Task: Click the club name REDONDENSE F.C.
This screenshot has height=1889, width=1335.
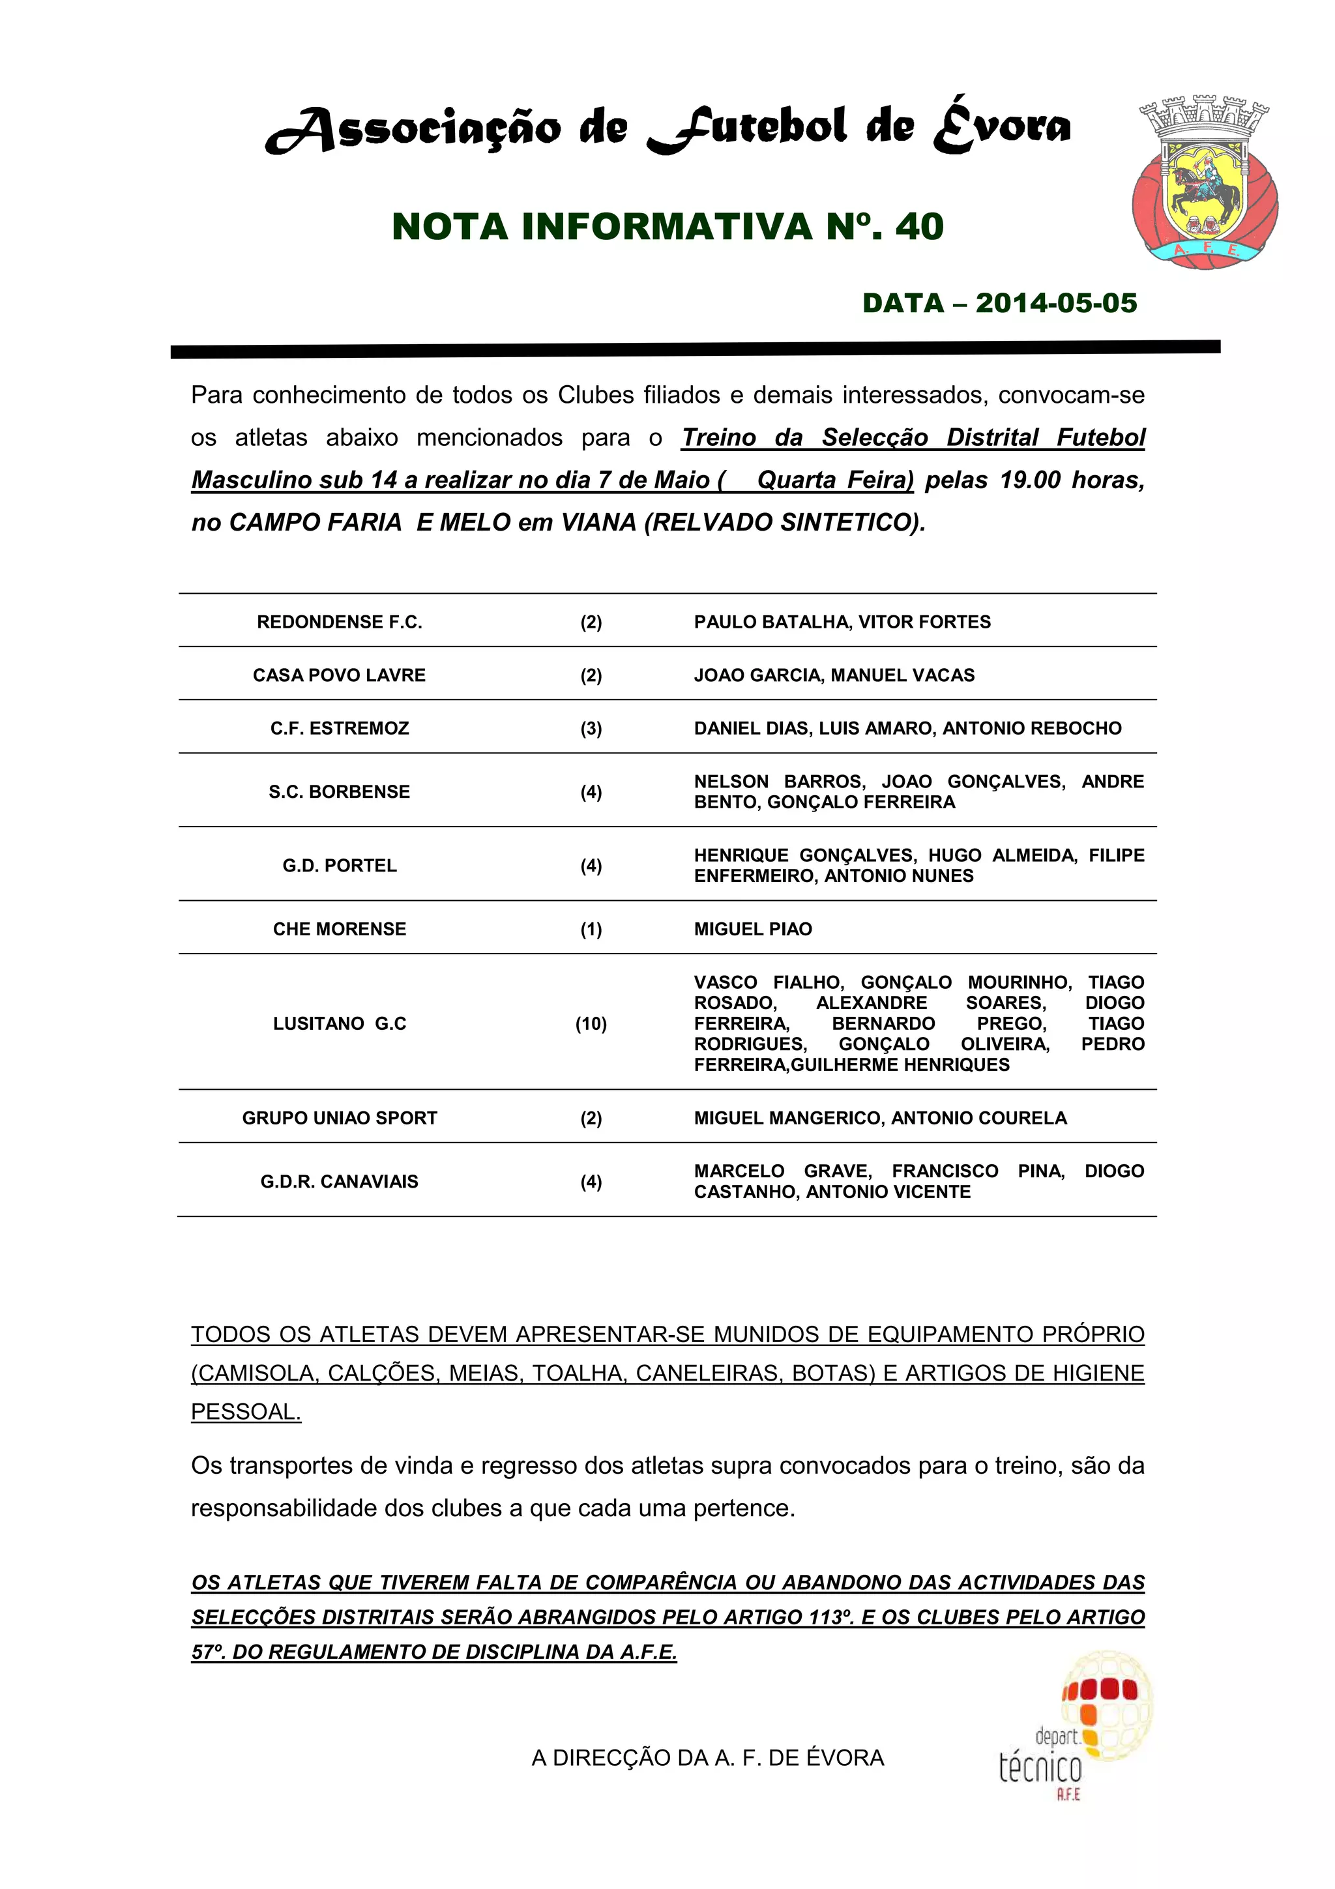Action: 339,622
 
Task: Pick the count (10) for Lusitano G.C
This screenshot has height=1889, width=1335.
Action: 591,1023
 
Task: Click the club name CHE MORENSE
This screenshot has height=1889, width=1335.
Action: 339,929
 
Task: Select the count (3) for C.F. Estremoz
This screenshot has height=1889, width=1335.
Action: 591,728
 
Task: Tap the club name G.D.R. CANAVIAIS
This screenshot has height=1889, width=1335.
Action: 339,1182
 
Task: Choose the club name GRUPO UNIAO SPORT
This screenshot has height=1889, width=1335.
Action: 339,1118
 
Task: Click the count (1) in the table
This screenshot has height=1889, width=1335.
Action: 591,929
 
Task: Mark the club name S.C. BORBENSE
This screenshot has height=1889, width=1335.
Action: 339,791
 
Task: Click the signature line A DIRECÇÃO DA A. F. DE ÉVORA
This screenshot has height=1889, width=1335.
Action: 707,1757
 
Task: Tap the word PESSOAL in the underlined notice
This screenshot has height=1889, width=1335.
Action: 245,1412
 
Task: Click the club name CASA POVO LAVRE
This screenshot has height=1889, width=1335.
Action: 339,675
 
